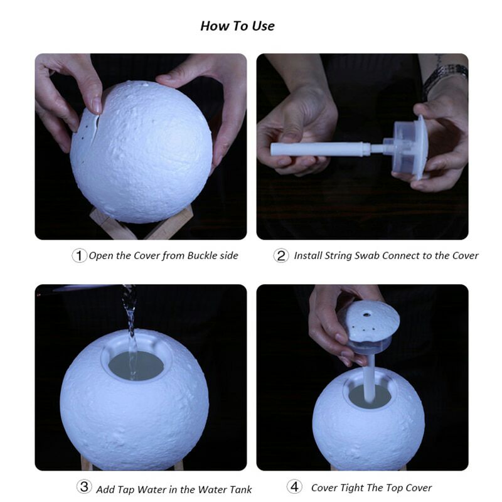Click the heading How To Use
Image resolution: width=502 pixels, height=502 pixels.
pyautogui.click(x=237, y=26)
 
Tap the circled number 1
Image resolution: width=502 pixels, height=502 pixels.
pyautogui.click(x=79, y=256)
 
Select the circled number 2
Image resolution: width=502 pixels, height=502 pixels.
pyautogui.click(x=280, y=256)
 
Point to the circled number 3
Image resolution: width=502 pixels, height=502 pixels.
pyautogui.click(x=84, y=487)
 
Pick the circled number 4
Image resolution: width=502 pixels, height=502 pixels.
pyautogui.click(x=294, y=487)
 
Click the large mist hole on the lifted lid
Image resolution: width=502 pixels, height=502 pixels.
pyautogui.click(x=366, y=315)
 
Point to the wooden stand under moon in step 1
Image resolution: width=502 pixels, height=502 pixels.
pyautogui.click(x=141, y=224)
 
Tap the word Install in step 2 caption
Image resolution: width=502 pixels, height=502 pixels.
pyautogui.click(x=307, y=256)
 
